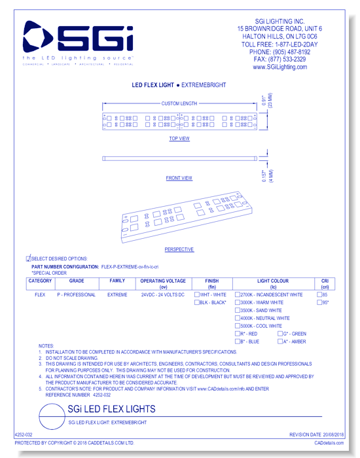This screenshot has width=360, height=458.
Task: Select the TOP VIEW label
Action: pos(179,139)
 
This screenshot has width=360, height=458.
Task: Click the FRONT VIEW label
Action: pos(179,178)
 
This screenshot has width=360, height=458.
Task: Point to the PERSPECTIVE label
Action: pos(179,249)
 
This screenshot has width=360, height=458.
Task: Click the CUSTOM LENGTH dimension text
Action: pos(179,103)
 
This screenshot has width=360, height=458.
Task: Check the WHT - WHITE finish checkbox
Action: pos(198,295)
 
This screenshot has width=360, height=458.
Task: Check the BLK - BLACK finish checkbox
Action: pos(198,303)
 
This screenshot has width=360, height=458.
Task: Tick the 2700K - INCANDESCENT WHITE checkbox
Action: pos(238,295)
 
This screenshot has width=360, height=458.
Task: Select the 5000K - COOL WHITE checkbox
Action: pos(238,326)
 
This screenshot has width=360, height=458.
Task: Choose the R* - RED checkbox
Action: pos(238,334)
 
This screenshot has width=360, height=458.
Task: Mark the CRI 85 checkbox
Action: pos(319,295)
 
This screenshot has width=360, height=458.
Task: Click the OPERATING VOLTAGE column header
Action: pos(163,283)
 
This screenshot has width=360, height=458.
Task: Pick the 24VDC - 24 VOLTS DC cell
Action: pos(163,295)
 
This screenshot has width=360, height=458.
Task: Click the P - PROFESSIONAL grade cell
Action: pos(76,295)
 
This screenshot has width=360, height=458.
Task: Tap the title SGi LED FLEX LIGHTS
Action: pos(112,410)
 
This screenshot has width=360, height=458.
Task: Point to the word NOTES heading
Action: pos(46,345)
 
